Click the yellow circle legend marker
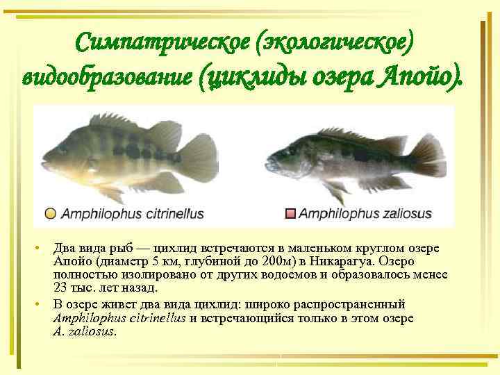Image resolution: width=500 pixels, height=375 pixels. click(51, 214)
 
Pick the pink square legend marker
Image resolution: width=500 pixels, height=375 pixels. click(290, 214)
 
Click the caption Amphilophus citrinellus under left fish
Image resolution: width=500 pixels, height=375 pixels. click(132, 214)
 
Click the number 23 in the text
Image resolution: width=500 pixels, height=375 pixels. click(60, 287)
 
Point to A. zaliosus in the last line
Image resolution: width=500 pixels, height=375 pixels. click(84, 331)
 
